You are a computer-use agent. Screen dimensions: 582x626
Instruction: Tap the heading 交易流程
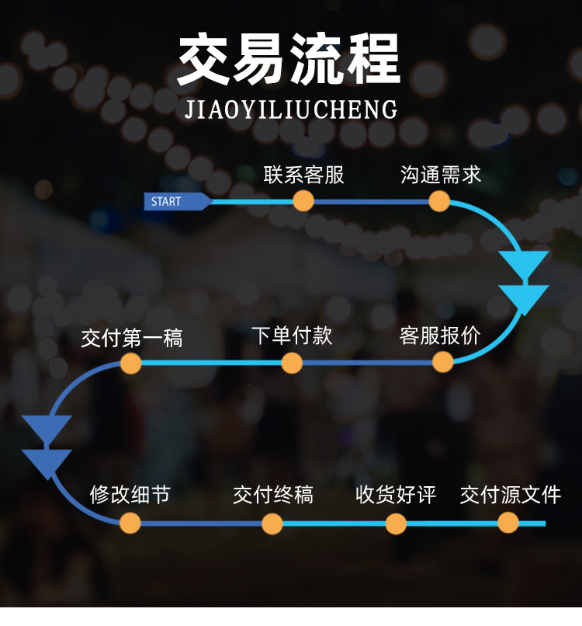click(289, 59)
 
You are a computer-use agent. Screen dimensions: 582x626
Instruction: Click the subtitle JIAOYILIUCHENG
click(291, 110)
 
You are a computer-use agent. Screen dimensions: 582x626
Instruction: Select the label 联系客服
click(303, 175)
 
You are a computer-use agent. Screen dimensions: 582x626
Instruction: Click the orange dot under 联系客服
click(303, 200)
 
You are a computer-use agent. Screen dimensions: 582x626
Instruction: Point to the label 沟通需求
click(441, 175)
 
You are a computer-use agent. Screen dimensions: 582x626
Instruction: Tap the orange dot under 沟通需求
click(439, 201)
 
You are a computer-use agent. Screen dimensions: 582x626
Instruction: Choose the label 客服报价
click(440, 336)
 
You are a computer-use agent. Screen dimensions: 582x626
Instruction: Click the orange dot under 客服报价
click(443, 362)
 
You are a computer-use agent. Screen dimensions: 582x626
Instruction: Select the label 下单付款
click(292, 336)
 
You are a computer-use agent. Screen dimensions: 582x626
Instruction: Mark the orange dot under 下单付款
click(292, 363)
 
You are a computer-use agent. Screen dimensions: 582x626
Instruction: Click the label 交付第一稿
click(132, 338)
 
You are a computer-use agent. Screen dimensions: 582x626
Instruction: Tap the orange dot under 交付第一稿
click(131, 363)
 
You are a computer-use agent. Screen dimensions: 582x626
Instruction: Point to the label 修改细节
click(130, 495)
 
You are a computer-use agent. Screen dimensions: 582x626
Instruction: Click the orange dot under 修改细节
click(130, 523)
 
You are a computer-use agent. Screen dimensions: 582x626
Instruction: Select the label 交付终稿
click(273, 495)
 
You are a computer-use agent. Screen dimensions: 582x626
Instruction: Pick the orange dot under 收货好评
click(396, 523)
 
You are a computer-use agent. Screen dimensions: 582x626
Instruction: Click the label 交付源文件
click(511, 495)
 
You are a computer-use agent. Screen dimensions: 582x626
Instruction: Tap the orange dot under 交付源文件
click(508, 523)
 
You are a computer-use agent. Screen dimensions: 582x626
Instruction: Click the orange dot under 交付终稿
click(272, 523)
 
